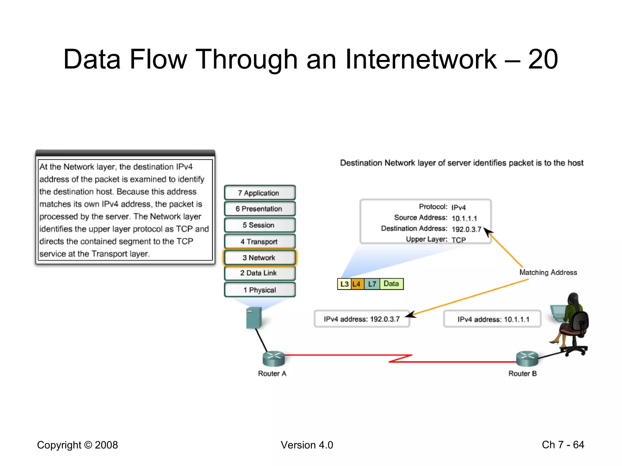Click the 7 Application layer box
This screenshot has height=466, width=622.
260,193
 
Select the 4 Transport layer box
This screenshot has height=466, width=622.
260,241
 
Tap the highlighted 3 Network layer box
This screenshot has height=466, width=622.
260,258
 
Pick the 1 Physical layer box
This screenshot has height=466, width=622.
260,290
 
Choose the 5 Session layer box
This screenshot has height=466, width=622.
260,225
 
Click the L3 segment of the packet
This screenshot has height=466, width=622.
344,284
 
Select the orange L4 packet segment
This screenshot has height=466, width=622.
357,284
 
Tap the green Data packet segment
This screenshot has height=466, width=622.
391,284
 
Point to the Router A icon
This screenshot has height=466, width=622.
273,359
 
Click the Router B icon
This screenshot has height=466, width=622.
527,359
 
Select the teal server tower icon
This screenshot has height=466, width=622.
254,318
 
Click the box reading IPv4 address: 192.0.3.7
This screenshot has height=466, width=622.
362,319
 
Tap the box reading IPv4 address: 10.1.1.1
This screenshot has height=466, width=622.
493,319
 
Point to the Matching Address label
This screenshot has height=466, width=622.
548,272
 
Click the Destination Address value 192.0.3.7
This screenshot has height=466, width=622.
466,229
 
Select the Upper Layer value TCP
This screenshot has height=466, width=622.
459,240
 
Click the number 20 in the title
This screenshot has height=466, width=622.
543,59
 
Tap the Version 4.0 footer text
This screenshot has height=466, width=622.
307,445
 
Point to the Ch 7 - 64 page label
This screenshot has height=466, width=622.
563,444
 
